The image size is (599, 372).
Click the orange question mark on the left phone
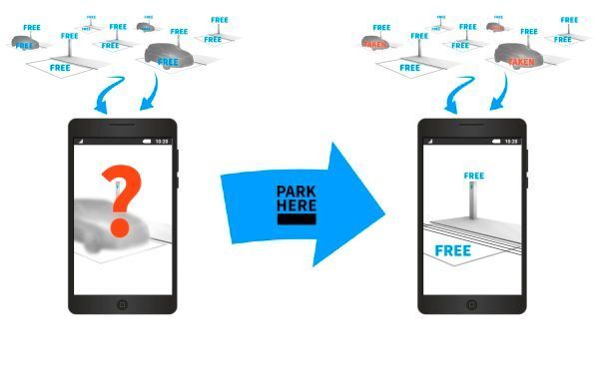coord(121,200)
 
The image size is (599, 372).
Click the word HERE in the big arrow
coord(297,205)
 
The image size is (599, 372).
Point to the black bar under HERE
coord(297,218)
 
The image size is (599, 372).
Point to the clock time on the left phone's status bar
coord(162,142)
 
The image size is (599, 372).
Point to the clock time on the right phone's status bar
coord(511,142)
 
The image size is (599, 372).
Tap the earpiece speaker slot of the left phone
coord(122,126)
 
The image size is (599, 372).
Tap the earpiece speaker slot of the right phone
coord(471,126)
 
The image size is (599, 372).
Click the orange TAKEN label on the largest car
coord(520,62)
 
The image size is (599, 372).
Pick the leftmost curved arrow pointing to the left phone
coord(107,98)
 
